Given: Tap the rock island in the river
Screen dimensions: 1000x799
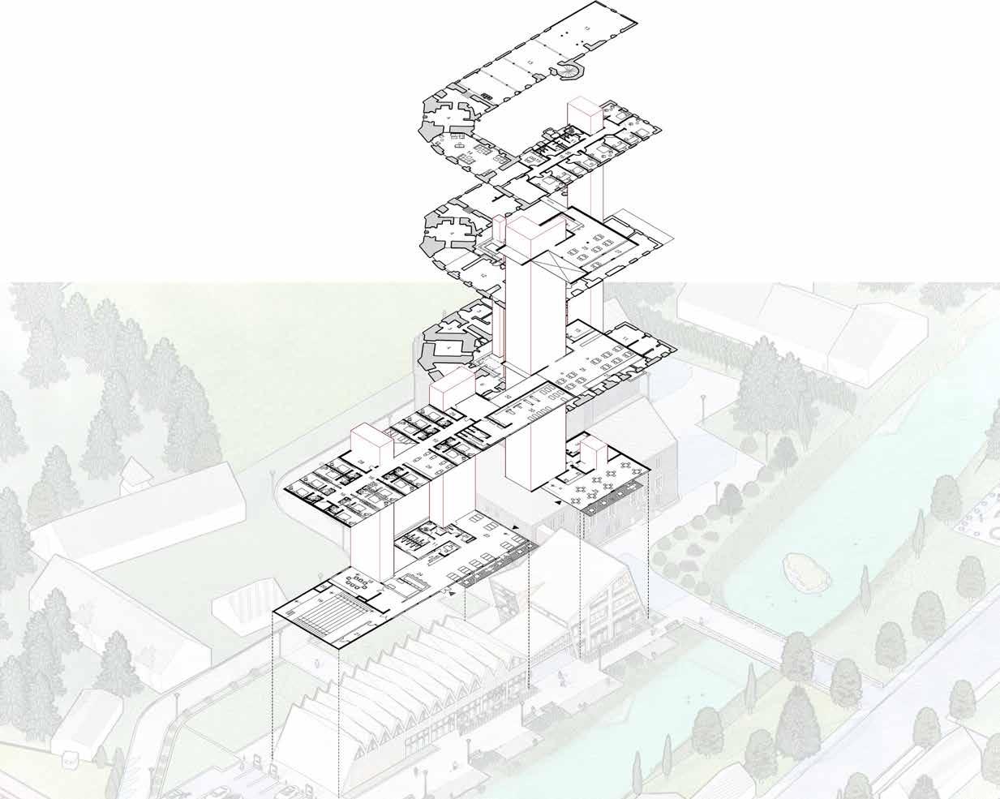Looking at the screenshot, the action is [805, 570].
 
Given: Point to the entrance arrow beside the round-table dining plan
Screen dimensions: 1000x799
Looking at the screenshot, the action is [557, 504].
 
